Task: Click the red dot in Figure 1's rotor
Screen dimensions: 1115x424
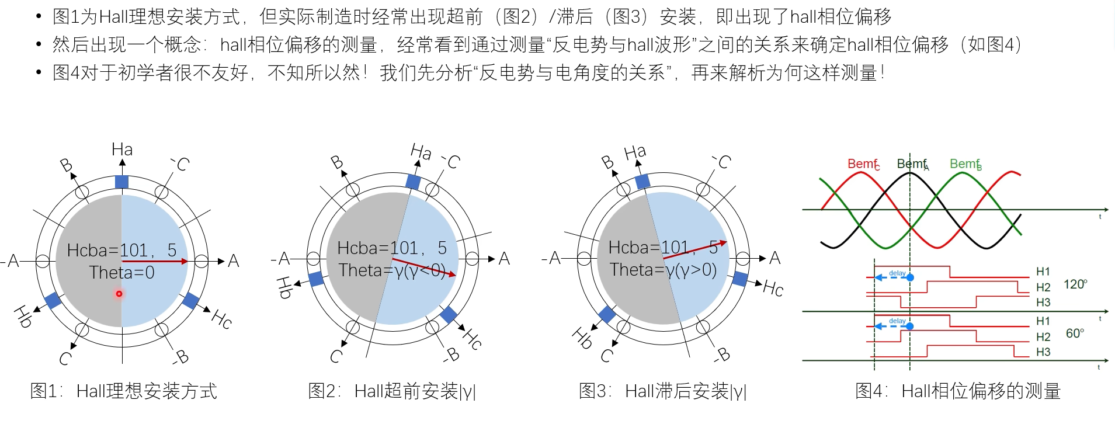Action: [119, 294]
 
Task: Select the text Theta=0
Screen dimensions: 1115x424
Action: [121, 273]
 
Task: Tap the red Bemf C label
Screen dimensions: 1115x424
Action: [863, 164]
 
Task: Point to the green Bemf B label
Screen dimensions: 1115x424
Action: [965, 164]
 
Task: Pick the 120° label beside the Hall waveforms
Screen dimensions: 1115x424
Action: [1075, 284]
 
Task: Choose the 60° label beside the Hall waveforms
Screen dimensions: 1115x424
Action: [1075, 333]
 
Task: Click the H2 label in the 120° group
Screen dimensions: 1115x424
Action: [1043, 287]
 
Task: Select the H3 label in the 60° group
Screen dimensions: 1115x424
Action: [1043, 352]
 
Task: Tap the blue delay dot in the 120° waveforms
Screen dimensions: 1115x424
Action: [910, 277]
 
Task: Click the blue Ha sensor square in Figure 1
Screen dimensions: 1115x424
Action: [121, 182]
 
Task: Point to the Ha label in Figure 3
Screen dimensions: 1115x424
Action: [635, 153]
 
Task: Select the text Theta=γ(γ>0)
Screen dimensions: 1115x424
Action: [663, 270]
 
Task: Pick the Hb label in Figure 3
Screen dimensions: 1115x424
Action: [582, 338]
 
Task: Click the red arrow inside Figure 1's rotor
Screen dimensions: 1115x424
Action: [154, 261]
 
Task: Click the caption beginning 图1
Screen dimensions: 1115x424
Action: [124, 391]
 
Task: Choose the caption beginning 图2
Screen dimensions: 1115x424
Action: [392, 391]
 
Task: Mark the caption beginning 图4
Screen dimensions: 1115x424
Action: [957, 391]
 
